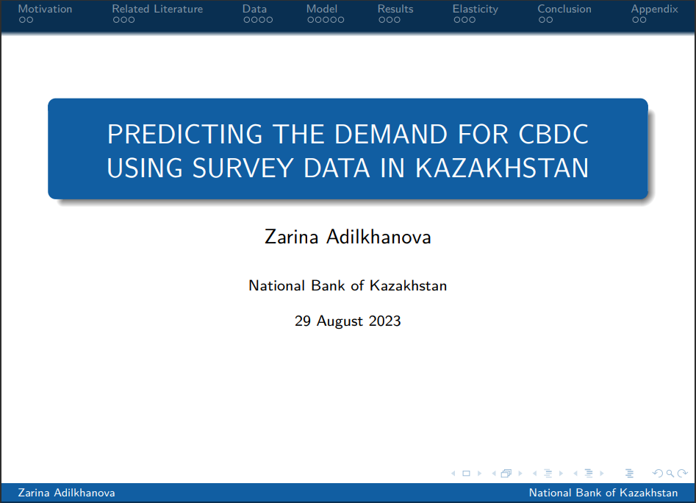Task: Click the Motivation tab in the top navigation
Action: point(45,9)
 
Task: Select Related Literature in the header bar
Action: point(157,9)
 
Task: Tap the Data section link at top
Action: point(254,9)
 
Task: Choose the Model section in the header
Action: point(322,9)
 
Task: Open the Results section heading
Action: point(395,9)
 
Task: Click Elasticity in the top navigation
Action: point(475,10)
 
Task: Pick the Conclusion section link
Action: point(564,9)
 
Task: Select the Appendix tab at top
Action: point(654,10)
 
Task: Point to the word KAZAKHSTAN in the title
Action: point(502,168)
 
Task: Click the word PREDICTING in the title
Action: point(185,134)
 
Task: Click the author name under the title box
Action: point(348,237)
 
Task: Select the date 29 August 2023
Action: point(348,321)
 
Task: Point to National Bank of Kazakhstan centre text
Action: point(348,285)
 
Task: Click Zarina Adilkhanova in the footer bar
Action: point(66,493)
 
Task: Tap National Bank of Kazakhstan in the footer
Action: point(603,493)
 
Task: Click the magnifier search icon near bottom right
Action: point(670,474)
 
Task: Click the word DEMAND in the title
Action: point(391,134)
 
